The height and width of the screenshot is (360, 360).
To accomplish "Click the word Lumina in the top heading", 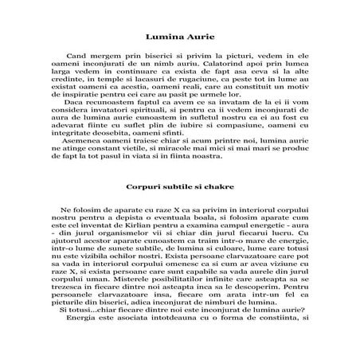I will click(166, 37).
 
